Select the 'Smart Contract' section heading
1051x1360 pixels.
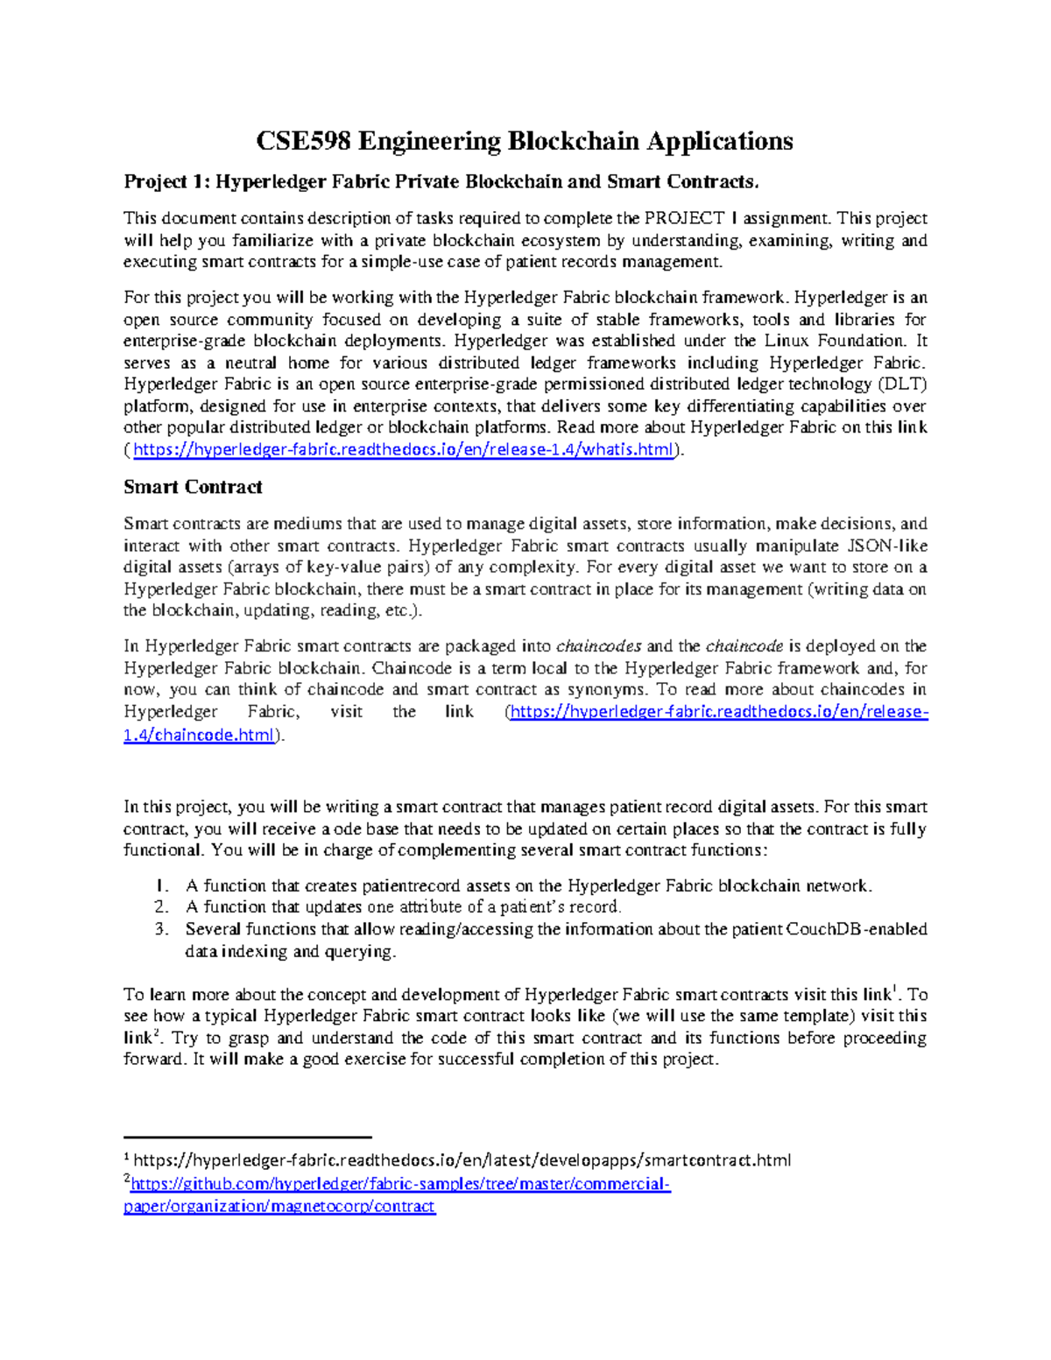(193, 487)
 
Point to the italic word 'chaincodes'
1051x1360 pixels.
(599, 646)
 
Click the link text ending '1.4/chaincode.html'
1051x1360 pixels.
(200, 735)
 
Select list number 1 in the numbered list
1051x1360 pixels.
(160, 886)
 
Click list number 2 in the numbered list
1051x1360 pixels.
(160, 907)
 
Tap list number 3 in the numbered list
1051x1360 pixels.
(160, 929)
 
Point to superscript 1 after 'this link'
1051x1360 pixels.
(893, 990)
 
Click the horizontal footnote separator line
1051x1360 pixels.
(248, 1136)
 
